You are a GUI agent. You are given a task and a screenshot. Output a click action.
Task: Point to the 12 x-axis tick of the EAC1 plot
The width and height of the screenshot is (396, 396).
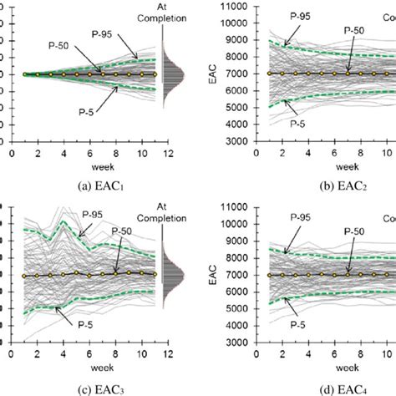[170, 153]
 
